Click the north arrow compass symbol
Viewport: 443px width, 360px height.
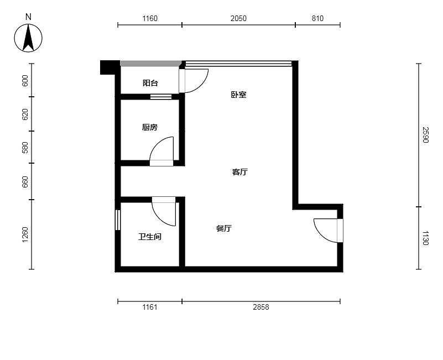pos(28,38)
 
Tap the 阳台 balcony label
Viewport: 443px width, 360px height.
pos(150,83)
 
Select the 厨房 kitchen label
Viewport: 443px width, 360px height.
pos(149,127)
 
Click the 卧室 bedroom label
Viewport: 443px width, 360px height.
pos(238,95)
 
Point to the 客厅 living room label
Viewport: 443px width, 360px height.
pos(240,172)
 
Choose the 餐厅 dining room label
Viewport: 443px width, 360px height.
pos(224,228)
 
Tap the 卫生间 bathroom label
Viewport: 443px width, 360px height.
pos(150,237)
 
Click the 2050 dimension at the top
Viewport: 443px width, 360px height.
pos(238,18)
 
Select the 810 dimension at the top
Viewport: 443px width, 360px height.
pos(317,18)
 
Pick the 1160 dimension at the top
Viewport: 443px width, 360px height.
pos(150,18)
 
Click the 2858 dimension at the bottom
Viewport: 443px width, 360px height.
pos(261,307)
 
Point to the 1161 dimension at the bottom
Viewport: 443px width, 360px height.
pos(150,307)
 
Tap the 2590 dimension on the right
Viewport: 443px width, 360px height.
pos(425,135)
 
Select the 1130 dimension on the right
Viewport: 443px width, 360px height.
pos(425,238)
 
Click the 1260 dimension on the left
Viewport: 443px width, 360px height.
pos(25,234)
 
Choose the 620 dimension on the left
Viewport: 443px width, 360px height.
pos(25,114)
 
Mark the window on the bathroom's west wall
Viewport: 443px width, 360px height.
pos(118,220)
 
